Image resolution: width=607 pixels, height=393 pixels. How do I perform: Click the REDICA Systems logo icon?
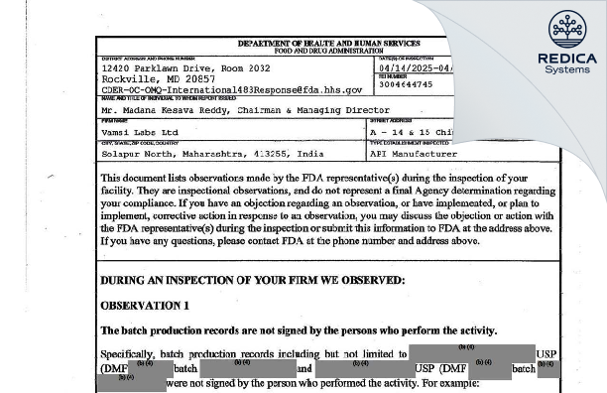[567, 30]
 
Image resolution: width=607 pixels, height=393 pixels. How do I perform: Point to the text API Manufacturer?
[414, 155]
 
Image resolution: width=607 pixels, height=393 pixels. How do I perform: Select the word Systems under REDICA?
[567, 69]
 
